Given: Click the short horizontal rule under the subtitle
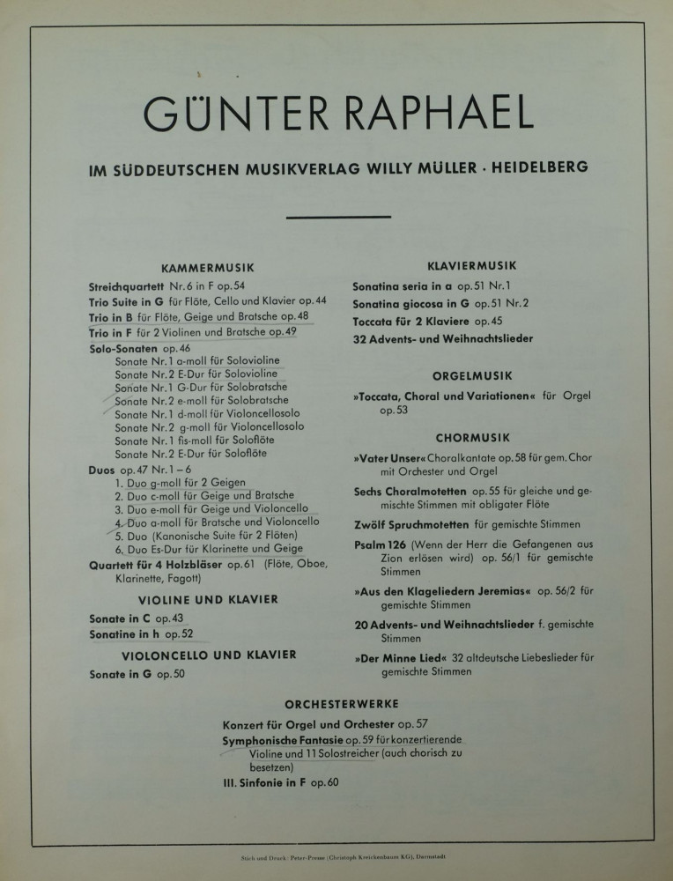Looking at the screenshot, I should pyautogui.click(x=339, y=217).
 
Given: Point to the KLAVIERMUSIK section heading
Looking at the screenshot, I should pyautogui.click(x=471, y=265).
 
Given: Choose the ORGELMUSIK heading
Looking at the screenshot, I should pyautogui.click(x=470, y=374).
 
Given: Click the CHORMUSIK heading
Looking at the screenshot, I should pyautogui.click(x=471, y=437).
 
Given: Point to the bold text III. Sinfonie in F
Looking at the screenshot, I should pyautogui.click(x=261, y=781).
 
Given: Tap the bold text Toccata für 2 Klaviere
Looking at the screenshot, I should pyautogui.click(x=410, y=322).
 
